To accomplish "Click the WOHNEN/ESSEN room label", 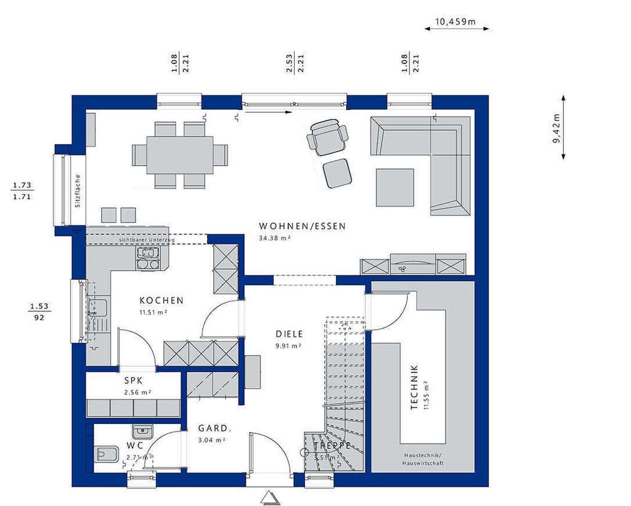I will (x=303, y=226).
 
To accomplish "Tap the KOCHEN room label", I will (x=161, y=301).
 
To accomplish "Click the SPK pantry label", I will (x=134, y=381).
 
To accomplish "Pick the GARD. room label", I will (x=214, y=428).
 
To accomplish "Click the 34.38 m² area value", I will (x=274, y=238).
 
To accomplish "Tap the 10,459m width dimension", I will (x=456, y=22).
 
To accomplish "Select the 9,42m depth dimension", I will (x=556, y=128).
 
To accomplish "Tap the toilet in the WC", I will (x=104, y=455).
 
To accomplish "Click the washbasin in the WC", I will (x=142, y=431).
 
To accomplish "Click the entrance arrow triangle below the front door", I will (x=269, y=497).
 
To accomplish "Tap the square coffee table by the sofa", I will (x=396, y=187).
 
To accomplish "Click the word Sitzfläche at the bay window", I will (x=78, y=192).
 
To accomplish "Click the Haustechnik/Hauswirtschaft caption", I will (x=422, y=459).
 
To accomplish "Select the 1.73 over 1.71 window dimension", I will (x=22, y=190).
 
